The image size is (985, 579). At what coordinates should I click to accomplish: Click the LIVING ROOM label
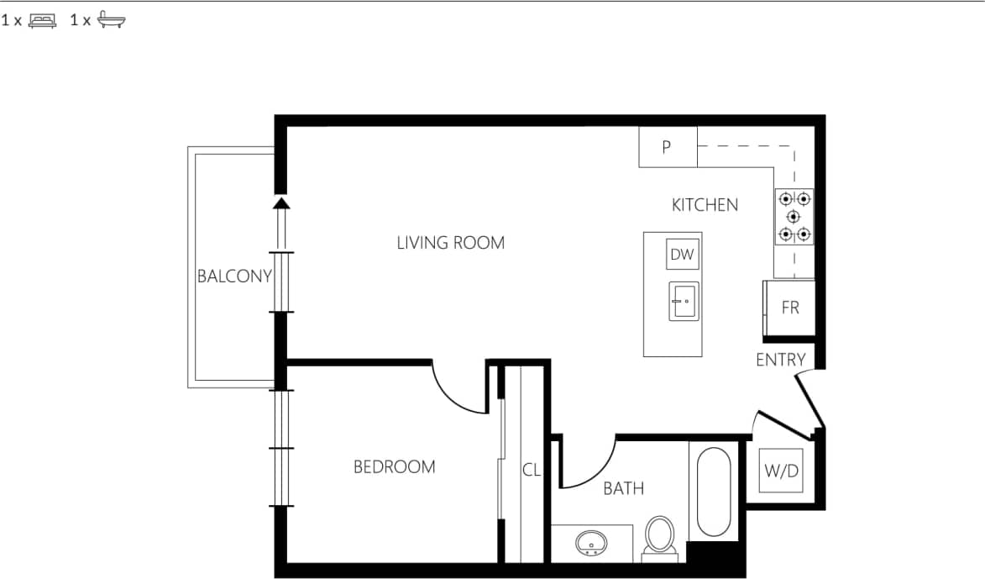tap(451, 244)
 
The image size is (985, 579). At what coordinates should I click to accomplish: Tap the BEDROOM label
tap(394, 467)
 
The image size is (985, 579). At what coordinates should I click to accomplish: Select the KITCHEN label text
tap(705, 205)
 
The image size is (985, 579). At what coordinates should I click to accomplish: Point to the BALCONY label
tap(234, 276)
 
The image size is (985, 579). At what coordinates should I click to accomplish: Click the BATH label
tap(624, 488)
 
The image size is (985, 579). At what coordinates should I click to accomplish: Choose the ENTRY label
tap(780, 361)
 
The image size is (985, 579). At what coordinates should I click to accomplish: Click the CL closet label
tap(531, 471)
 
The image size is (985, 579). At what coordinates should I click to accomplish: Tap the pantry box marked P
tap(668, 147)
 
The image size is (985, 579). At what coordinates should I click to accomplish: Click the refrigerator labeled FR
tap(789, 308)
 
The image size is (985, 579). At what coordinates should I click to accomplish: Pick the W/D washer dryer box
tap(780, 471)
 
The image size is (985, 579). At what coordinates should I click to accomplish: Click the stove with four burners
tap(794, 216)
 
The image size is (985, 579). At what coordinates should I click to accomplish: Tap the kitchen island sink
tap(683, 301)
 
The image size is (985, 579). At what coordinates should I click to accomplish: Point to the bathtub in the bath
tap(714, 492)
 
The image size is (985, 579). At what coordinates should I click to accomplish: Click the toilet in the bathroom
tap(659, 535)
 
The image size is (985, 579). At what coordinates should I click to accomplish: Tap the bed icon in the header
tap(42, 21)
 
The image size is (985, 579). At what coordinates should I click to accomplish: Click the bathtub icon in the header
tap(111, 21)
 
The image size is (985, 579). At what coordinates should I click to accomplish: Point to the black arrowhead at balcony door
tap(281, 202)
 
